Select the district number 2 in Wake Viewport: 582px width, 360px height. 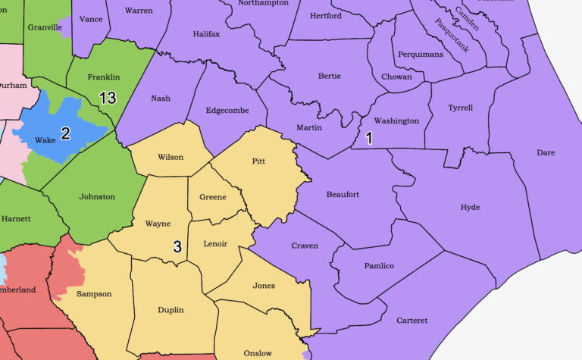65,134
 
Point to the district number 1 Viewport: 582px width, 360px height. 369,138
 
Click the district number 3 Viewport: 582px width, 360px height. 177,246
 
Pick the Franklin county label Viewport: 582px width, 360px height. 103,77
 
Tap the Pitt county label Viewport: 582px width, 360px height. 258,161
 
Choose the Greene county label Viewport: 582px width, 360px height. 212,197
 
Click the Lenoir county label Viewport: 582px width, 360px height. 216,244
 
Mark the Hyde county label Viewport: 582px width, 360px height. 470,207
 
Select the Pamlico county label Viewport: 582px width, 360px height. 378,266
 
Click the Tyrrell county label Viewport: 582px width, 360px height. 460,108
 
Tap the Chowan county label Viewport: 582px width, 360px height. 397,77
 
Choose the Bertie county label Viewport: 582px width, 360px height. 330,76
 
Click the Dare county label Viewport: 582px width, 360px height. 546,152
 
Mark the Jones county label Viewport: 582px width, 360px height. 264,286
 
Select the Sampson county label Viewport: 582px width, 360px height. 94,293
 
